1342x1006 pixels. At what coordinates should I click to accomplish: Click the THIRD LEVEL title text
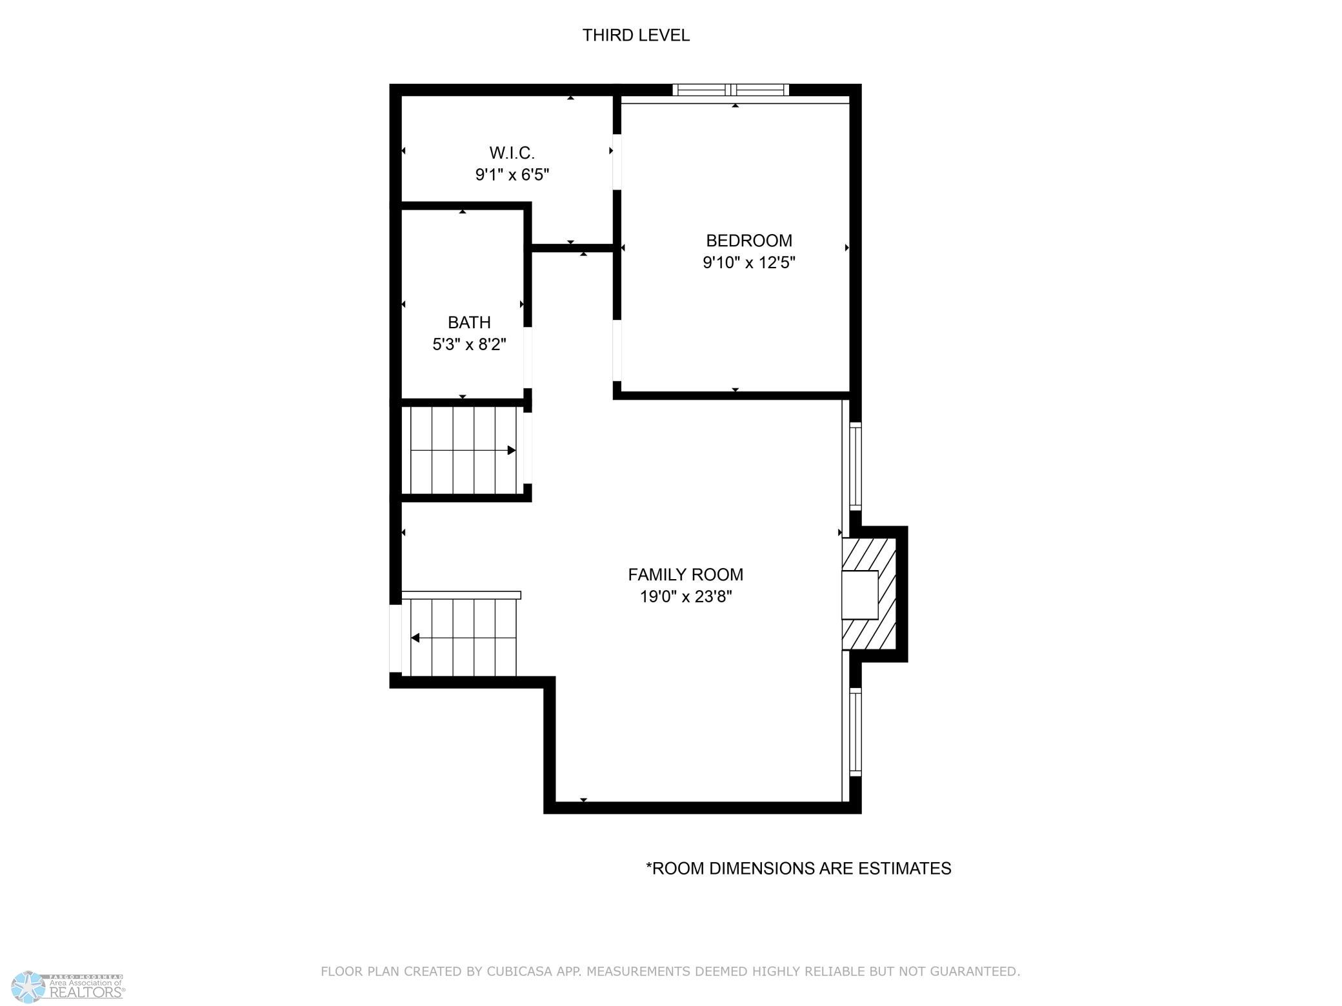(636, 35)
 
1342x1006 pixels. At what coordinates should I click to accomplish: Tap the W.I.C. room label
(512, 153)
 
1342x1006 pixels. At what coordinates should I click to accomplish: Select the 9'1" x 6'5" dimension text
(512, 175)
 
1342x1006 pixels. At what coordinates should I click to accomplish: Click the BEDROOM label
(749, 241)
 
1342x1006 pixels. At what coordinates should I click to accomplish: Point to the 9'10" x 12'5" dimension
(749, 262)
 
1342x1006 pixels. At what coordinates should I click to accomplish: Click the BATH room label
(469, 322)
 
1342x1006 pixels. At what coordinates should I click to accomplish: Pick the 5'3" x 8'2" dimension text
(469, 344)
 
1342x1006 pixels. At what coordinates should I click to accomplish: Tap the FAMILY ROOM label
(686, 575)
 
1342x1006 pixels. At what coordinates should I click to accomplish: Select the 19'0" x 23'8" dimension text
(686, 597)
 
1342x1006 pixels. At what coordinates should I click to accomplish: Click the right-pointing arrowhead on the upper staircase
(512, 450)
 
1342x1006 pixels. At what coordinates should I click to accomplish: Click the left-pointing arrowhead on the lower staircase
(416, 638)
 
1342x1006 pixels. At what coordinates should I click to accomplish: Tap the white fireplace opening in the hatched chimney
(859, 595)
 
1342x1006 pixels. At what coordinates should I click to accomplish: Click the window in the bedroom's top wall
(731, 90)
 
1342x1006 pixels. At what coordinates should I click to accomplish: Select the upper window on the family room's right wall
(856, 466)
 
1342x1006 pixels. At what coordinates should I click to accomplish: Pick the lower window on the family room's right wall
(856, 731)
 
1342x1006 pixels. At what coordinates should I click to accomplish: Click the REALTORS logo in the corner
(68, 987)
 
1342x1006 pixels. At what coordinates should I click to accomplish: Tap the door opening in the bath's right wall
(527, 358)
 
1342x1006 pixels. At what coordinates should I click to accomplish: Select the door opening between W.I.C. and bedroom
(617, 162)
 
